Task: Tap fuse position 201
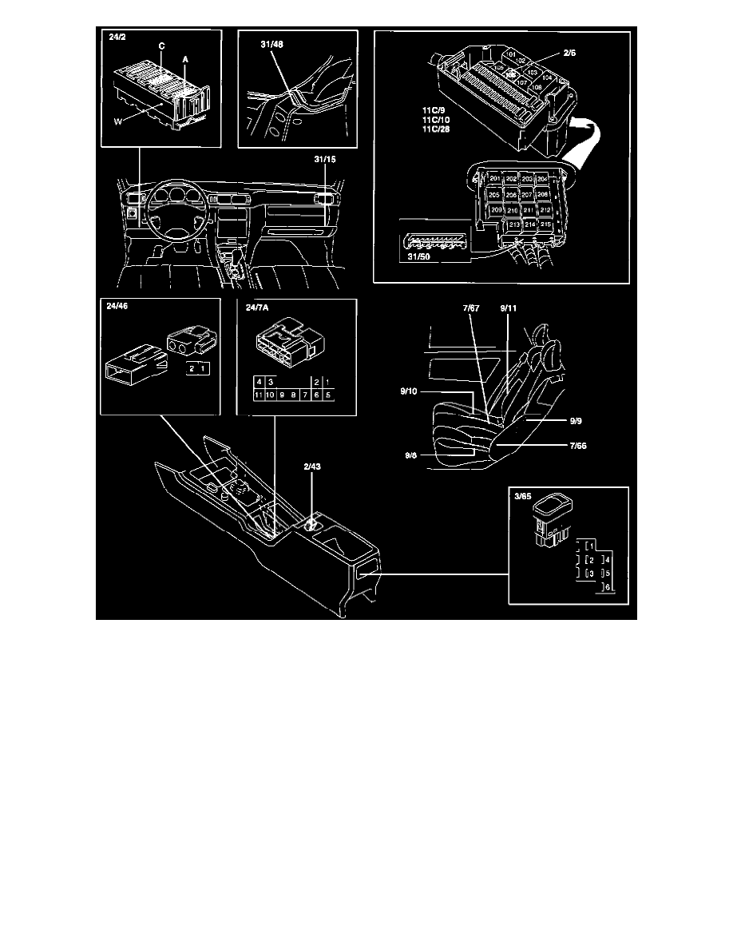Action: pos(496,178)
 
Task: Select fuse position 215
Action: pos(545,225)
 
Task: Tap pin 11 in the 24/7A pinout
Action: pos(258,395)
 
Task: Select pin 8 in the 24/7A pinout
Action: pos(294,395)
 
